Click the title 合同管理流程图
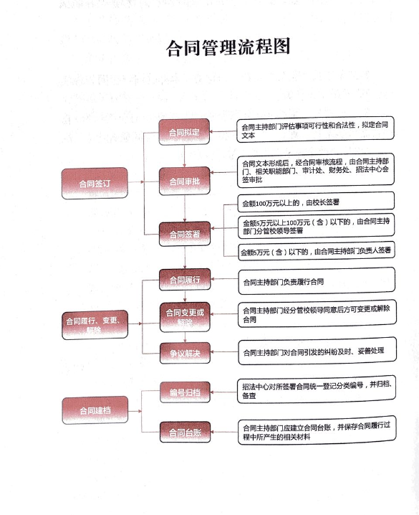(228, 47)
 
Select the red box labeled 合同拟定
(184, 132)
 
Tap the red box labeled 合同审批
(184, 181)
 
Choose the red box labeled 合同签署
(185, 234)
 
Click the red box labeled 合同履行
(185, 280)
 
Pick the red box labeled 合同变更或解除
(185, 317)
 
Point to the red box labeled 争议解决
(185, 353)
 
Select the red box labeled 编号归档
(185, 392)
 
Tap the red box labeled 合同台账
(185, 433)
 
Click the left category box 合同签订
(95, 184)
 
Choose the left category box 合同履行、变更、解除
(95, 325)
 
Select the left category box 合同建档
(95, 410)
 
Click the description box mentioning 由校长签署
(316, 202)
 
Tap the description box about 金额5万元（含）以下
(317, 252)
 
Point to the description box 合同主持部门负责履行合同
(317, 281)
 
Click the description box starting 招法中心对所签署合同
(317, 390)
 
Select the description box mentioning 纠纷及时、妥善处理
(317, 351)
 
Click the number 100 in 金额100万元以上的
(261, 204)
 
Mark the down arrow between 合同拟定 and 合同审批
(184, 156)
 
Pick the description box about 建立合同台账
(317, 430)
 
